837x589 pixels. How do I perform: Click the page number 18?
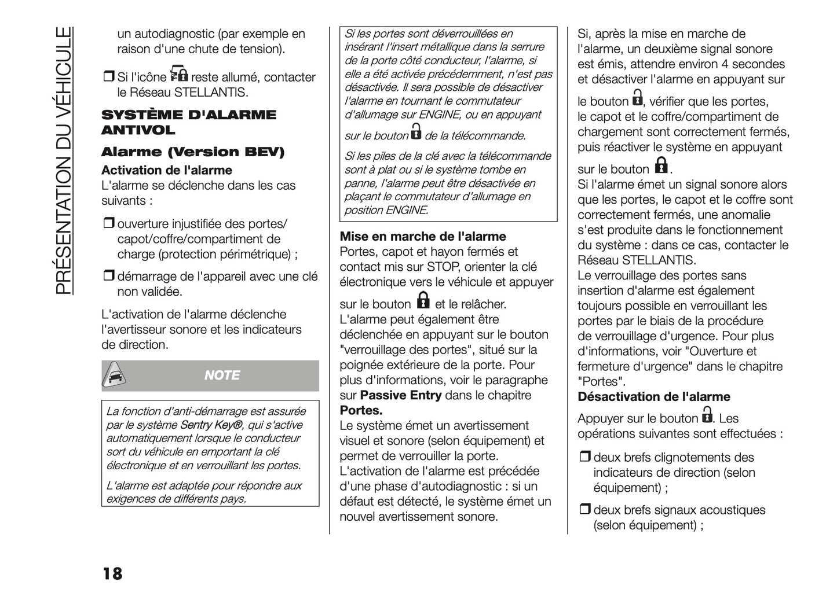112,573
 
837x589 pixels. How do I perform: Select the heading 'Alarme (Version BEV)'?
193,152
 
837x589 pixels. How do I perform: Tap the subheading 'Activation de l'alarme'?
167,170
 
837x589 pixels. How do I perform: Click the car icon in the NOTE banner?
115,376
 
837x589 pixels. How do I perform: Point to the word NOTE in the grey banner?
222,376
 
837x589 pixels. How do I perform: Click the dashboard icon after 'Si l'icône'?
179,74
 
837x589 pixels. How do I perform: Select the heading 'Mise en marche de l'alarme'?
423,236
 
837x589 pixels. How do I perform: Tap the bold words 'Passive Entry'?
401,395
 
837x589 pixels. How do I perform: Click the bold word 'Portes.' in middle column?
361,410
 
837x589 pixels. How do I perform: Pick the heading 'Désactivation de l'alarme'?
654,396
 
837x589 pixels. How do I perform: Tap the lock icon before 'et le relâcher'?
423,300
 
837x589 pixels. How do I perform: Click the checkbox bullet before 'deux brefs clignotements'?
584,457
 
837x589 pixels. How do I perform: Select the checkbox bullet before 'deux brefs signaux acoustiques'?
584,510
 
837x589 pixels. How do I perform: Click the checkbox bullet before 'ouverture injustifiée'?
108,224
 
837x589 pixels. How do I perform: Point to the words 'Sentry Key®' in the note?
211,425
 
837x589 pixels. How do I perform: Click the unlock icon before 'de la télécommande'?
416,132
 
